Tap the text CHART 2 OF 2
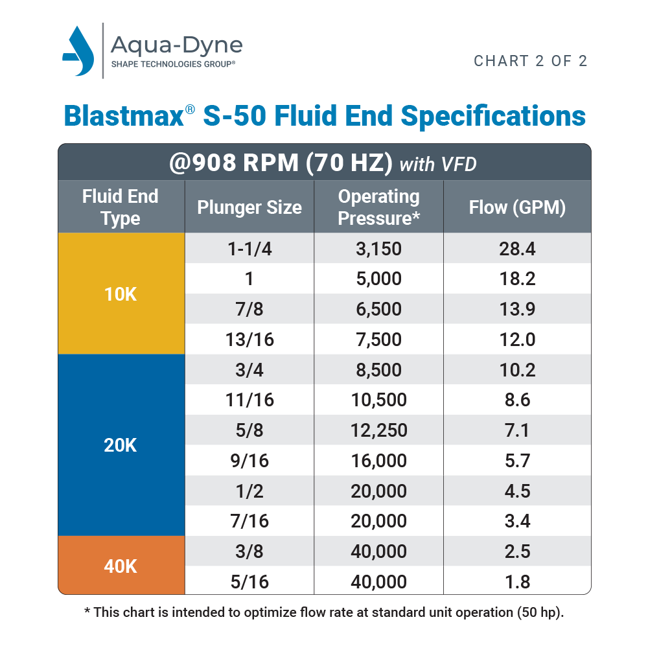[531, 61]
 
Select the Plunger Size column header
[249, 207]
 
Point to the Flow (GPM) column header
[517, 207]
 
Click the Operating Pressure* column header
[379, 207]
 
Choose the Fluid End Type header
[121, 207]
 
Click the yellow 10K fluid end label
[121, 294]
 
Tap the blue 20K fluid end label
[121, 446]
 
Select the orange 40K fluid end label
[121, 566]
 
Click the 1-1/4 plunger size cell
[249, 249]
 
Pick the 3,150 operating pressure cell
[379, 249]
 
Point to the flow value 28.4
[517, 249]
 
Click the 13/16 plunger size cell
[249, 340]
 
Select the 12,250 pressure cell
[379, 430]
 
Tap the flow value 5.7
[517, 461]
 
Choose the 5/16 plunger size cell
[249, 582]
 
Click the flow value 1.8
[517, 582]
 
